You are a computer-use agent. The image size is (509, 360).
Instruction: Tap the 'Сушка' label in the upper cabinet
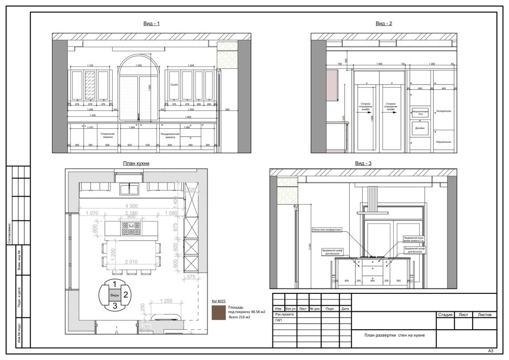pos(174,85)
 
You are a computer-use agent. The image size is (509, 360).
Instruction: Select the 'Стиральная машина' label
pos(107,134)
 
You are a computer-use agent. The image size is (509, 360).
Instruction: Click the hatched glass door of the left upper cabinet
pos(89,85)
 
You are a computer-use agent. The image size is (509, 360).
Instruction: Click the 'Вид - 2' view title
pos(384,24)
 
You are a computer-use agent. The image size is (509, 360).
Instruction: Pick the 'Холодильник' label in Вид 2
pos(444,111)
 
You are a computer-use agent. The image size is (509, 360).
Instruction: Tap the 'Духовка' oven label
pos(420,129)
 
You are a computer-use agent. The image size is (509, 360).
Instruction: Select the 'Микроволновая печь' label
pos(420,112)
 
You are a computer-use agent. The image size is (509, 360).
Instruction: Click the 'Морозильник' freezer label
pos(444,142)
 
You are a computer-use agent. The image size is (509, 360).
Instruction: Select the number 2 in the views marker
pos(126,294)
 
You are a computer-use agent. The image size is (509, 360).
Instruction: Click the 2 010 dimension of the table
pos(131,263)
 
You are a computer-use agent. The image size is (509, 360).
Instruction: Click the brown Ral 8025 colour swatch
pos(219,313)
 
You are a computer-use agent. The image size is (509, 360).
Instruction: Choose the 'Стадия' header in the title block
pos(445,314)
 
